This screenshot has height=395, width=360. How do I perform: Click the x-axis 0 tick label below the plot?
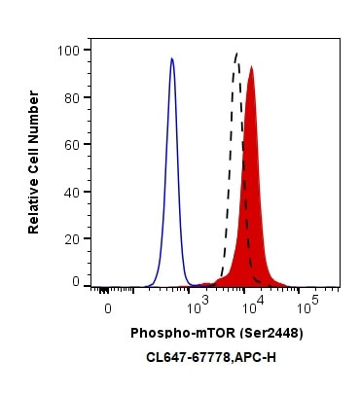[x=108, y=308]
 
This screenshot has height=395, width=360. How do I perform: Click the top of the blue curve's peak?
[x=172, y=58]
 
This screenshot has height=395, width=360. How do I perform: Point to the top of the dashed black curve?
[x=236, y=54]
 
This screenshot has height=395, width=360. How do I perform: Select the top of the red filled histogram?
[x=251, y=67]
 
